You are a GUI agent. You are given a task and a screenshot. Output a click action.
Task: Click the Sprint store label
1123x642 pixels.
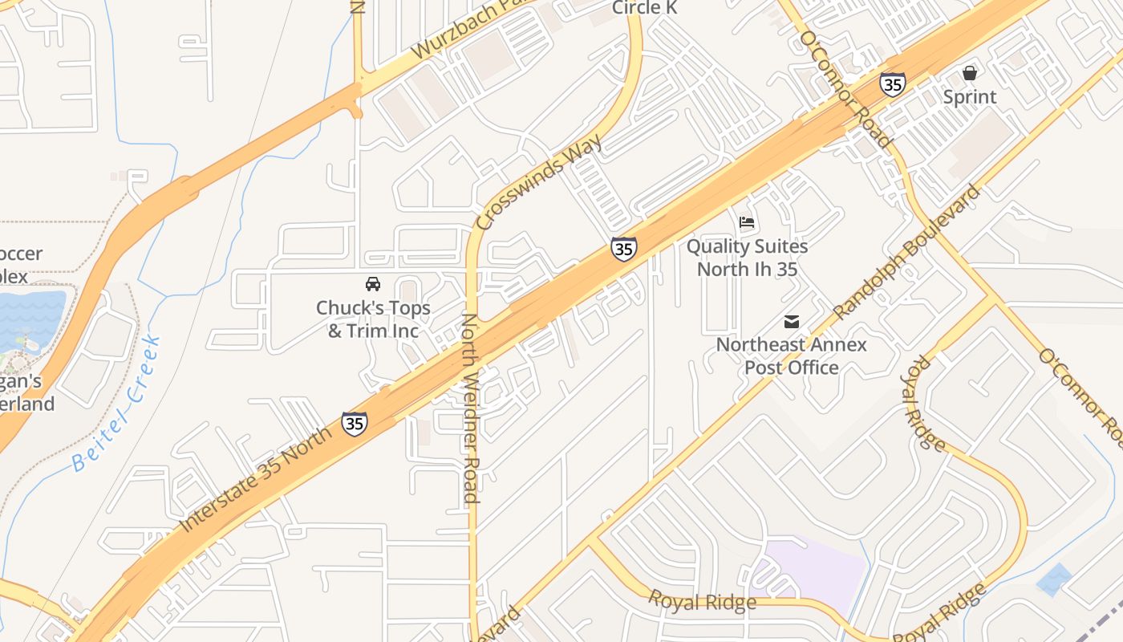coord(969,97)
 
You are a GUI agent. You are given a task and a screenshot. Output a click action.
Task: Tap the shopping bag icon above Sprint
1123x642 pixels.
coord(970,73)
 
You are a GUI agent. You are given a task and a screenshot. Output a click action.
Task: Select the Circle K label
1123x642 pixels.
coord(645,8)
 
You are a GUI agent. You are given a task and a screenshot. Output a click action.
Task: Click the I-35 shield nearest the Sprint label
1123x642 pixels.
coord(893,83)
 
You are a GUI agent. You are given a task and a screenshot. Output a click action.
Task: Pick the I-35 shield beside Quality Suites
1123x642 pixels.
coord(623,249)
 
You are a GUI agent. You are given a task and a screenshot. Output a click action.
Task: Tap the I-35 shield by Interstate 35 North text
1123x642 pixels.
coord(355,423)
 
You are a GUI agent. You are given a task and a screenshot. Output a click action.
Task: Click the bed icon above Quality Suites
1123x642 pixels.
coord(747,222)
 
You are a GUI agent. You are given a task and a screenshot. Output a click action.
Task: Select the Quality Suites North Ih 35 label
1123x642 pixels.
coord(747,258)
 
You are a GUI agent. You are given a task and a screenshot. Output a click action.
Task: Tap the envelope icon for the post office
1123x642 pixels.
coord(792,322)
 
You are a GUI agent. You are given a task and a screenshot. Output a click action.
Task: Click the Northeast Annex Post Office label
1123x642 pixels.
coord(792,356)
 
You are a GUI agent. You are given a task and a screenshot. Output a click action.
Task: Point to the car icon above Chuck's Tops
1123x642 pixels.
coord(373,284)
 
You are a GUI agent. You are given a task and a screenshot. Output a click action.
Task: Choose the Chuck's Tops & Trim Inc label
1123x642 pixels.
coord(373,319)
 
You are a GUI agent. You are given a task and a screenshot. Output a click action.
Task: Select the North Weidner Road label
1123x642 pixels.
coord(470,409)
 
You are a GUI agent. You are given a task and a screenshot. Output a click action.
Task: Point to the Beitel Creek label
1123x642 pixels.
coord(117,405)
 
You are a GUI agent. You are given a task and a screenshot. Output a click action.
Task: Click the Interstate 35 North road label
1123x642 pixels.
coord(255,480)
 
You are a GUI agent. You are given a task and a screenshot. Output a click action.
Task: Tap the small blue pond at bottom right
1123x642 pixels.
coord(1054,579)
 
